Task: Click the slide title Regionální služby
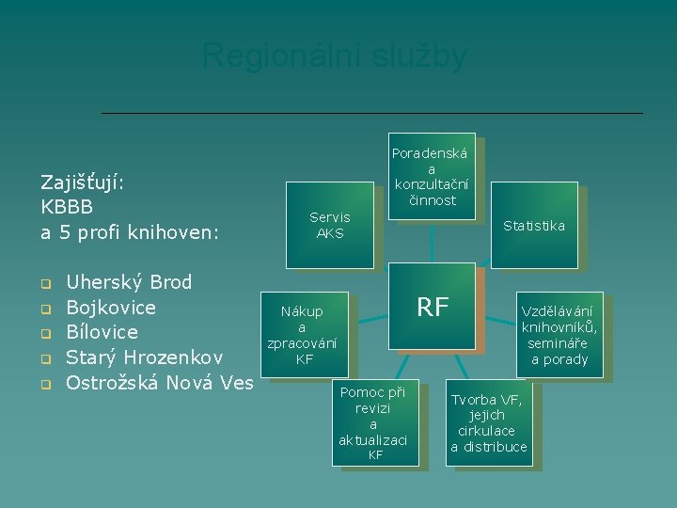[x=334, y=56]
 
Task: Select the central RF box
[x=433, y=307]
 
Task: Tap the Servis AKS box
[x=330, y=225]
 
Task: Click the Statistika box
[x=533, y=226]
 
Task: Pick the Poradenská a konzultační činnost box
[x=432, y=176]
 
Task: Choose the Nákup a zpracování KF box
[x=303, y=335]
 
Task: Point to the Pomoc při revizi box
[x=373, y=423]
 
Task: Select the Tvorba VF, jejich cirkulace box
[x=489, y=422]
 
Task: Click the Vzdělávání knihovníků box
[x=559, y=335]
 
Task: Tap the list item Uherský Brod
[x=129, y=282]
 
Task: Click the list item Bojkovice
[x=111, y=308]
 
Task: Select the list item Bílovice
[x=102, y=332]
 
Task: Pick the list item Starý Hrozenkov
[x=144, y=357]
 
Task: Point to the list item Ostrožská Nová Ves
[x=160, y=383]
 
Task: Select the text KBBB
[x=66, y=206]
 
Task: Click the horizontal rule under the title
[x=371, y=114]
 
